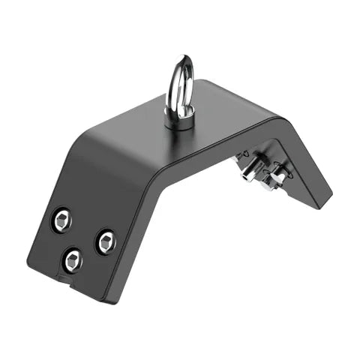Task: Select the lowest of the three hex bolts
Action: [x=73, y=259]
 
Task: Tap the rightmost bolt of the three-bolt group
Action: [x=106, y=241]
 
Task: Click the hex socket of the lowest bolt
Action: [x=73, y=259]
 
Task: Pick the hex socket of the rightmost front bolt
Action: [x=106, y=241]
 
